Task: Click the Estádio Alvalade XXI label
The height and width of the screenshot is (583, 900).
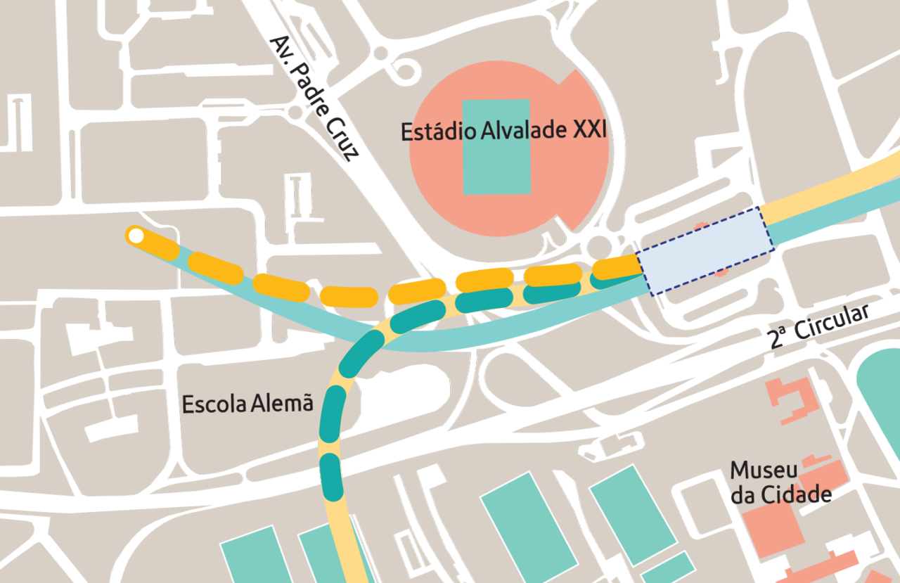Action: pyautogui.click(x=503, y=132)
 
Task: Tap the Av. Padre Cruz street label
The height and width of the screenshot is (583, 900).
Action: pyautogui.click(x=314, y=98)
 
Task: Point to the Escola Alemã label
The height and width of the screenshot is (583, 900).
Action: pyautogui.click(x=247, y=404)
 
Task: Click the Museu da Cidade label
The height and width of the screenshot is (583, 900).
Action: pyautogui.click(x=780, y=482)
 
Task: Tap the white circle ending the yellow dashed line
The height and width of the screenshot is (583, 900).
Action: pyautogui.click(x=136, y=236)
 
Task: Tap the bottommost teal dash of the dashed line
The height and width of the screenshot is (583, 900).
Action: pyautogui.click(x=331, y=474)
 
